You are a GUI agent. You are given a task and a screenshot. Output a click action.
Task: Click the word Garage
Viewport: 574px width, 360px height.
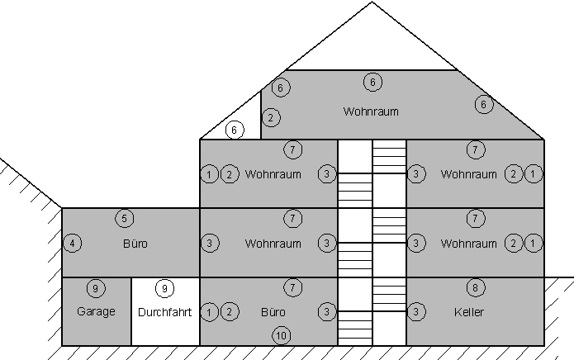tap(96, 312)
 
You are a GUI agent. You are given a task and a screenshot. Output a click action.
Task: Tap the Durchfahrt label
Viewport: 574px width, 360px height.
tap(165, 312)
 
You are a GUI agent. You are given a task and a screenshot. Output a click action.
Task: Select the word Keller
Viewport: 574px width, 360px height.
tap(469, 312)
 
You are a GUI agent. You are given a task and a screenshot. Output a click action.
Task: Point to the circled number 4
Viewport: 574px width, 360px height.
tap(73, 244)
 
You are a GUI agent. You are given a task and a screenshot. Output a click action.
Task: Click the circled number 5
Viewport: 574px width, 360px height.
tap(124, 219)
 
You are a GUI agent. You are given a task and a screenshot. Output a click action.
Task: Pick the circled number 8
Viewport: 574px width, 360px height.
tap(475, 288)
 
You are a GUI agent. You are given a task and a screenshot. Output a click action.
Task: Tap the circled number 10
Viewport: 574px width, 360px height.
tap(282, 335)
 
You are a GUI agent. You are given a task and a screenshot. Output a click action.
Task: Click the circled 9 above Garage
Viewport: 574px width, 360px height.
tap(96, 288)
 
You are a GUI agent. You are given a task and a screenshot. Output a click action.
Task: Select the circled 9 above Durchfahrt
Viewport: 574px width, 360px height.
tap(165, 288)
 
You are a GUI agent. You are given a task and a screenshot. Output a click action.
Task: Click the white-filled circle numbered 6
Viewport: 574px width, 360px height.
tap(235, 130)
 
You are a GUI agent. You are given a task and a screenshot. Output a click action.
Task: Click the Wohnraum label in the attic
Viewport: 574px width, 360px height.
tap(371, 111)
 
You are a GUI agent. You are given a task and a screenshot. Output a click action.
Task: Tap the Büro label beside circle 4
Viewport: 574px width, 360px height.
tap(135, 244)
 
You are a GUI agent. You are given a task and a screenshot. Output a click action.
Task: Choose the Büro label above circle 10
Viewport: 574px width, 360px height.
tap(273, 312)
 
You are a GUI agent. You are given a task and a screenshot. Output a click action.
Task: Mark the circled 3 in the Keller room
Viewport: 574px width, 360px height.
tap(416, 312)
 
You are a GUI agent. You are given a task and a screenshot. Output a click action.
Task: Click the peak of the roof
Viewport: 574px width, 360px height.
tap(372, 2)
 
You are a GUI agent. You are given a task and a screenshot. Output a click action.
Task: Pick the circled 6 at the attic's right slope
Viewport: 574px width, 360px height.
tap(483, 105)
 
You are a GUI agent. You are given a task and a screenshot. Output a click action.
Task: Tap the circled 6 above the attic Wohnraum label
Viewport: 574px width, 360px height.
tap(372, 82)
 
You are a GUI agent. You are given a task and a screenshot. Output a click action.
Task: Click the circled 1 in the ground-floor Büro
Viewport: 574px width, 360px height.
tap(210, 312)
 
